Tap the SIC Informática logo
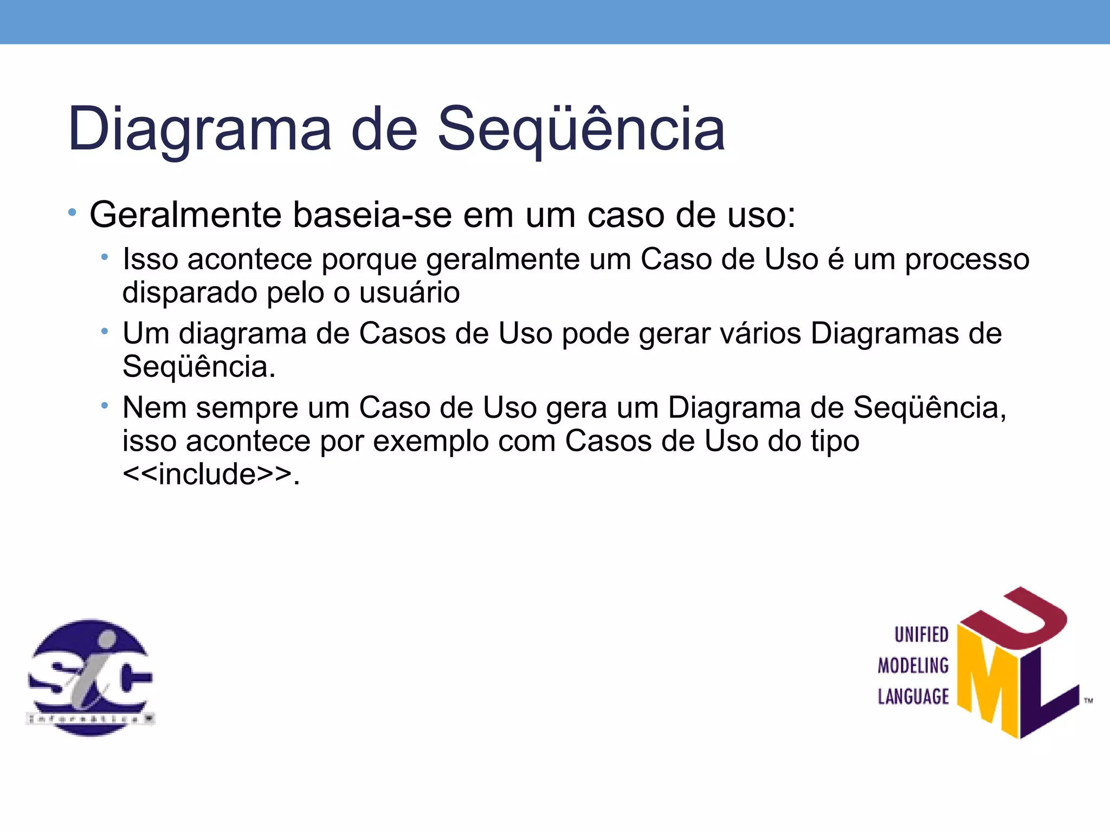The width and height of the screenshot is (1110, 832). pos(91,677)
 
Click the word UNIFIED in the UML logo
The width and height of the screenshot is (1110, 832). pos(921,635)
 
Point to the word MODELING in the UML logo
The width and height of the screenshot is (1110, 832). pos(913,666)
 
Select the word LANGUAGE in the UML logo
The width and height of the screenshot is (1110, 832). pos(913,697)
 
